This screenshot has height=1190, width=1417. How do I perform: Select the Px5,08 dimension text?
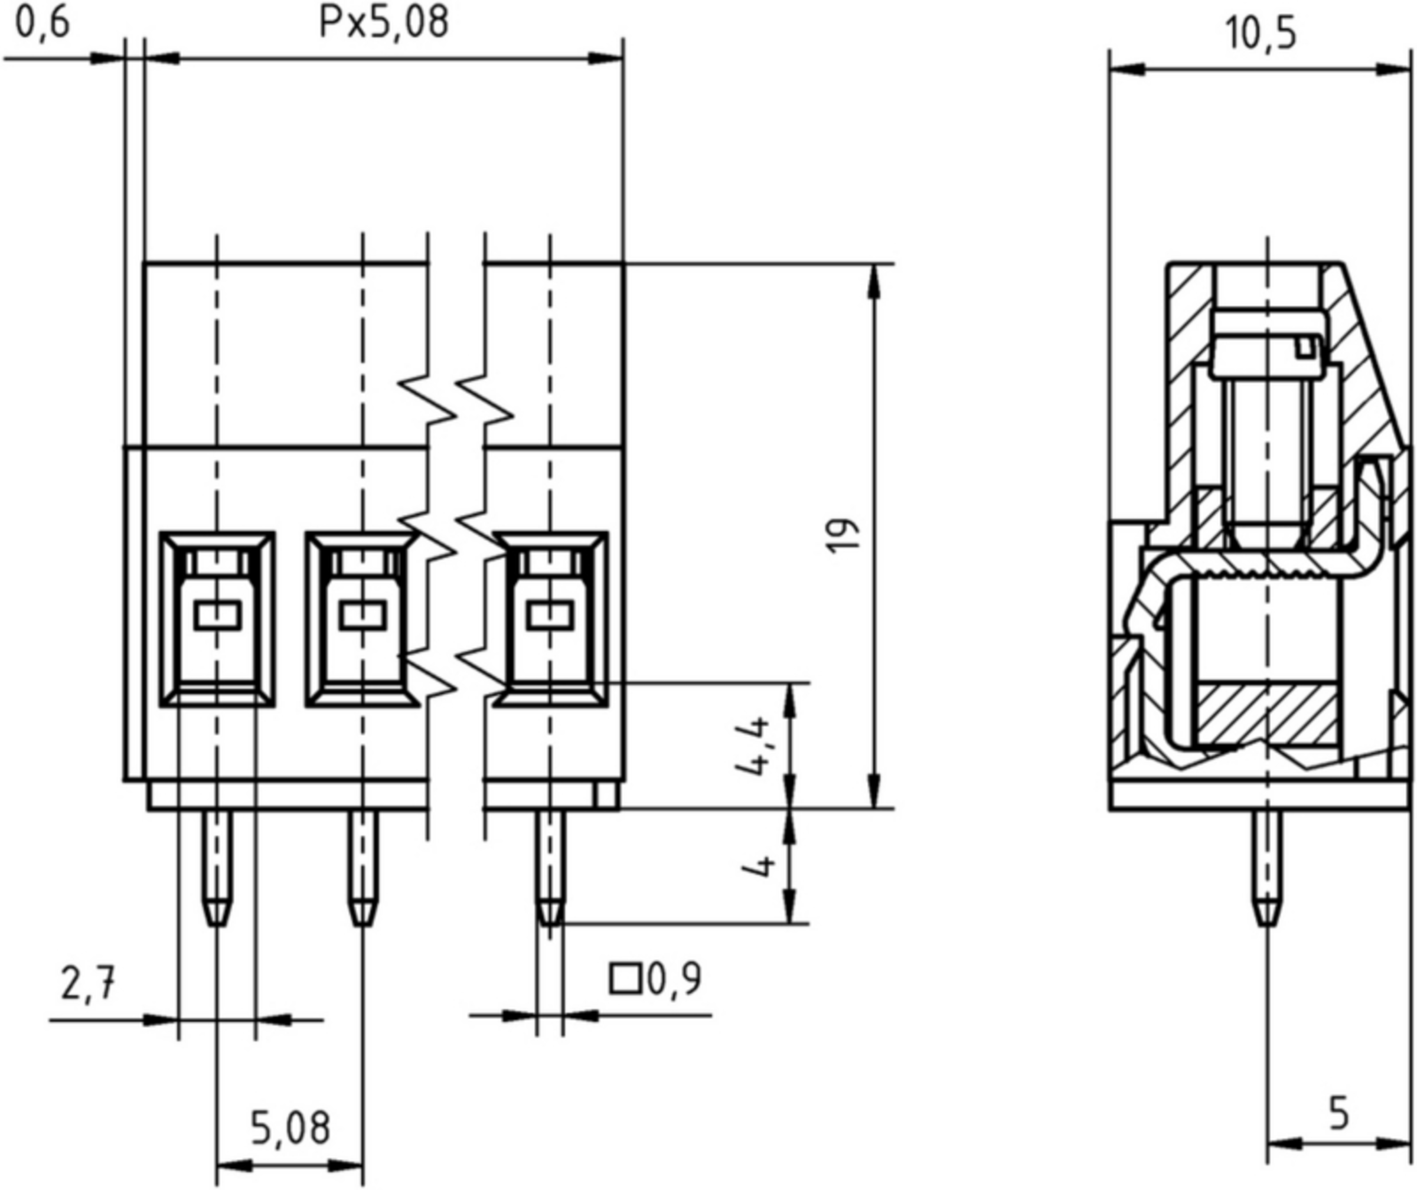[383, 24]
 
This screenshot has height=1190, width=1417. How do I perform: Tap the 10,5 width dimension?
[1261, 34]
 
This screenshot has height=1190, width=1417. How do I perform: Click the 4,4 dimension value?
[755, 746]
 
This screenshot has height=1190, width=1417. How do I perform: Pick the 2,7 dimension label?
[88, 983]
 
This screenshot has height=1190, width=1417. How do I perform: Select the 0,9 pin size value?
[674, 979]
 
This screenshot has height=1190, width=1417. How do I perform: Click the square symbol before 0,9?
[625, 979]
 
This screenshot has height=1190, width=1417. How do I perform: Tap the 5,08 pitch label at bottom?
[290, 1128]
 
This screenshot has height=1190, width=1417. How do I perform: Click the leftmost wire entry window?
[217, 619]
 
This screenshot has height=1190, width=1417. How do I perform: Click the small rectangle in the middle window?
[363, 615]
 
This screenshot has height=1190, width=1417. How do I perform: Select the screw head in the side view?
[1266, 344]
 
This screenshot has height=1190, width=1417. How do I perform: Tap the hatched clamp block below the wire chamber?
[1266, 715]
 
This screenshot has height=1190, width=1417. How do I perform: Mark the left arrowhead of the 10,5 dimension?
[1127, 70]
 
